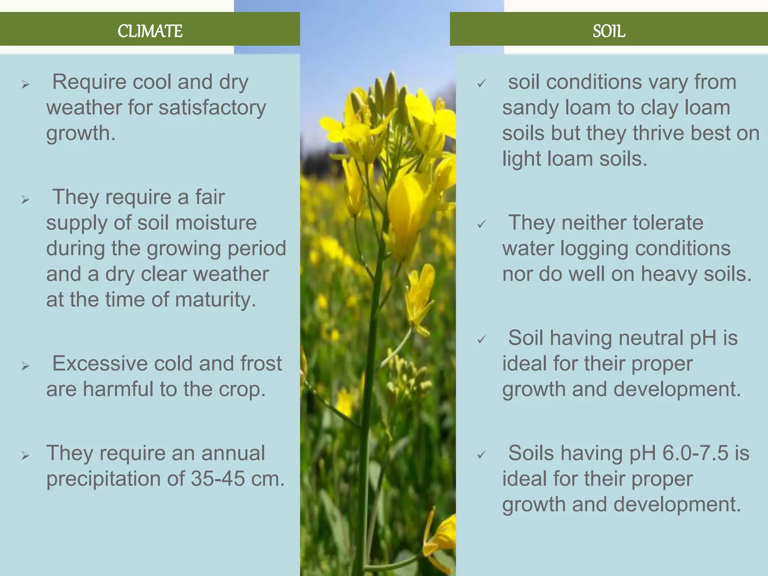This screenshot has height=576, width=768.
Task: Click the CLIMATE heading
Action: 150,31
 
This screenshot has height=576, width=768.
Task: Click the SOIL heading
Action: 609,31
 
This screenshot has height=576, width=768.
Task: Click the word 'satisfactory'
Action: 212,108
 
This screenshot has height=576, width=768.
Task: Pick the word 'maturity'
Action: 215,300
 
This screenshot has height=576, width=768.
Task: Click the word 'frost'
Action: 261,363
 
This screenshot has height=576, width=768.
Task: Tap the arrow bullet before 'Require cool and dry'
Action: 25,84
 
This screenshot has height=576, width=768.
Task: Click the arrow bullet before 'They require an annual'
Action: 25,456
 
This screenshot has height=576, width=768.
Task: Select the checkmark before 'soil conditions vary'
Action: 481,84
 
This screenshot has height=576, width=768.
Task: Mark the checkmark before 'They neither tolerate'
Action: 481,225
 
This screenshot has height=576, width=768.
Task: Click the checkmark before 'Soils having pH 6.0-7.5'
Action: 481,455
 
